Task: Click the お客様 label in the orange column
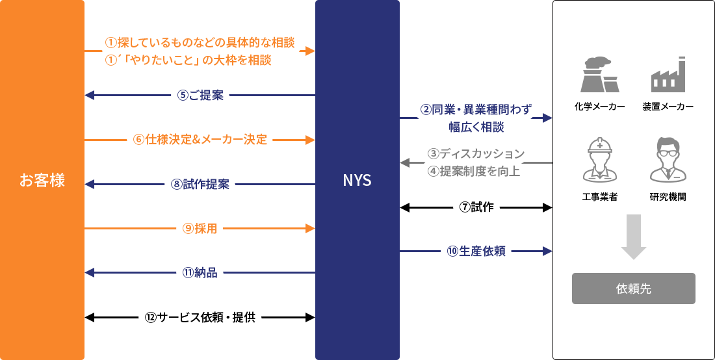coord(42,180)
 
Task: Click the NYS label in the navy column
coord(357,180)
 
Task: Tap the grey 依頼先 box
coord(633,289)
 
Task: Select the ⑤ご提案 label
coord(200,95)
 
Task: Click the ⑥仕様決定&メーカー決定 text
coord(200,140)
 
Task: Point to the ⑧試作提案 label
coord(200,184)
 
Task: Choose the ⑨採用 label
coord(200,229)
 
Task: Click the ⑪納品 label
coord(200,273)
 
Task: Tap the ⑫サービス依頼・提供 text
coord(200,318)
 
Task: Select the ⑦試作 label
coord(476,207)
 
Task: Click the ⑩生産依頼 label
coord(476,251)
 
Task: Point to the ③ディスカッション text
coord(476,154)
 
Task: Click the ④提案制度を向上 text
coord(474,172)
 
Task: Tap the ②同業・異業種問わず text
coord(476,109)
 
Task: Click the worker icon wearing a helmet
coord(600,159)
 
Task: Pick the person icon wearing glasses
coord(668,159)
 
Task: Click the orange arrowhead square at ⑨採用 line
coord(310,229)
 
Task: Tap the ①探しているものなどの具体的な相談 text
coord(200,43)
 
